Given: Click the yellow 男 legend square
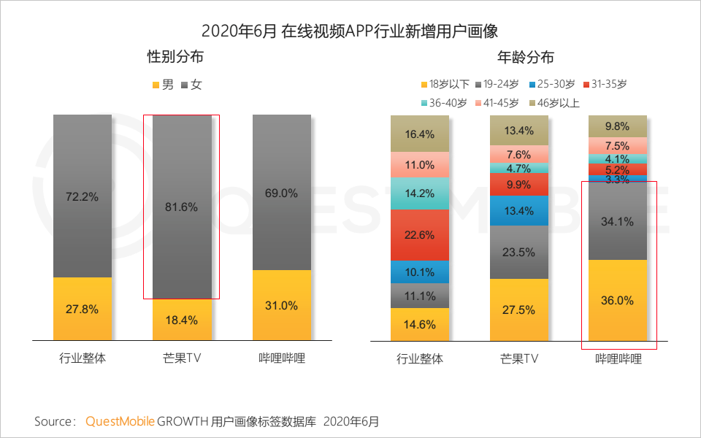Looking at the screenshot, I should pos(156,85).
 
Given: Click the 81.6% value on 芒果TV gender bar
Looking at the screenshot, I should pos(182,207).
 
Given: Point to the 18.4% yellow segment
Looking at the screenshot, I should pos(182,320).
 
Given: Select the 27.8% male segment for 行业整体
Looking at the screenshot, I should pos(83,309).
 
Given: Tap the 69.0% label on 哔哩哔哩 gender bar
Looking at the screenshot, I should pos(282,193).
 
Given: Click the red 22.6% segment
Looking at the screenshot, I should pos(420,235).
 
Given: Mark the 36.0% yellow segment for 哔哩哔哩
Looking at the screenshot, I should pos(618,300).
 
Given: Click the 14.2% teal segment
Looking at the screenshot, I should pos(420,193).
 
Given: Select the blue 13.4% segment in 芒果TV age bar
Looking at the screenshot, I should pos(519,211).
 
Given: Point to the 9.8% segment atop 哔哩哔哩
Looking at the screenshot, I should pos(618,125).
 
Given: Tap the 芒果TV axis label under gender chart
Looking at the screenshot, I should pos(182,358).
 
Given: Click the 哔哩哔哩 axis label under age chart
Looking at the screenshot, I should pos(618,358).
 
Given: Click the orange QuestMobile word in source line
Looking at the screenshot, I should pos(120,421).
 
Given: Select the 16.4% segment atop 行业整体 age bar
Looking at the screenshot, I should pos(420,134).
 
